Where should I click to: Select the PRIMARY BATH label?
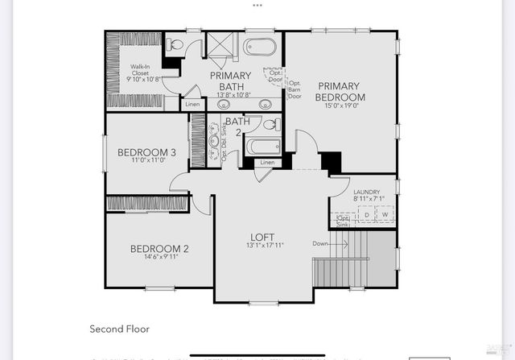[x=231, y=81]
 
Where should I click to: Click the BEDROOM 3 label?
[x=146, y=152]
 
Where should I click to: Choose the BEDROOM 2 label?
[x=159, y=249]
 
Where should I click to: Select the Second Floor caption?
[x=119, y=329]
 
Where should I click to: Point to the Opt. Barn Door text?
[x=295, y=89]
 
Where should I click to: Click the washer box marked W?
[x=385, y=215]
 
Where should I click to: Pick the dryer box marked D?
[x=367, y=215]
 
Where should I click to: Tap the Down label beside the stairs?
[x=320, y=243]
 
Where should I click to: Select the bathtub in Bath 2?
[x=262, y=147]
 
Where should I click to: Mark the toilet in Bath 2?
[x=273, y=126]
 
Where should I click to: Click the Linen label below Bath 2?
[x=267, y=163]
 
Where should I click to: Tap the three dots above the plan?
[x=257, y=4]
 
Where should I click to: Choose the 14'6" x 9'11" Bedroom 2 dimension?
[x=159, y=258]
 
